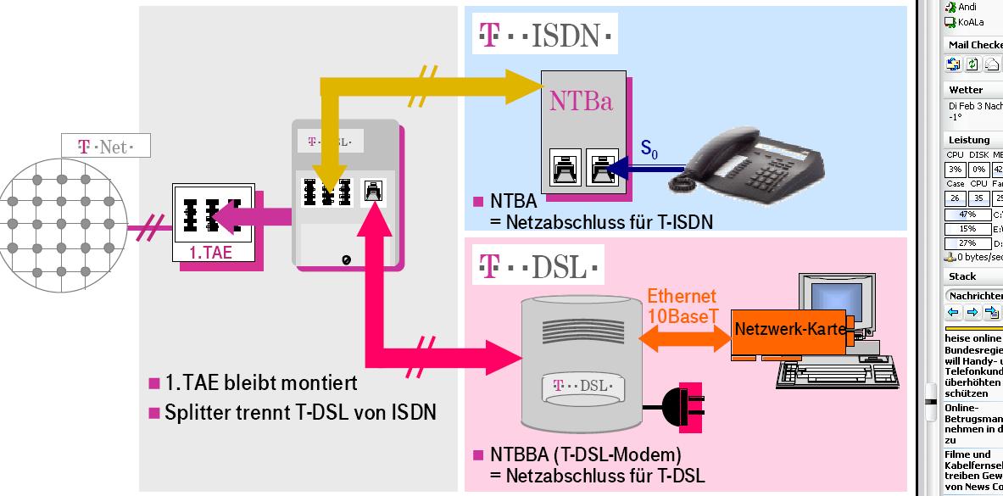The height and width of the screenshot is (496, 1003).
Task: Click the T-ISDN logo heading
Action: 545,36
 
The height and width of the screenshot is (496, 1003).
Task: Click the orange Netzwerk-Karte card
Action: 790,329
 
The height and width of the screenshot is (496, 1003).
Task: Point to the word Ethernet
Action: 682,296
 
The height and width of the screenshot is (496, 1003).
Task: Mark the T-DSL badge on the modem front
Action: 574,386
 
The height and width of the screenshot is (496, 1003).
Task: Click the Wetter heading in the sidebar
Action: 966,89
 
